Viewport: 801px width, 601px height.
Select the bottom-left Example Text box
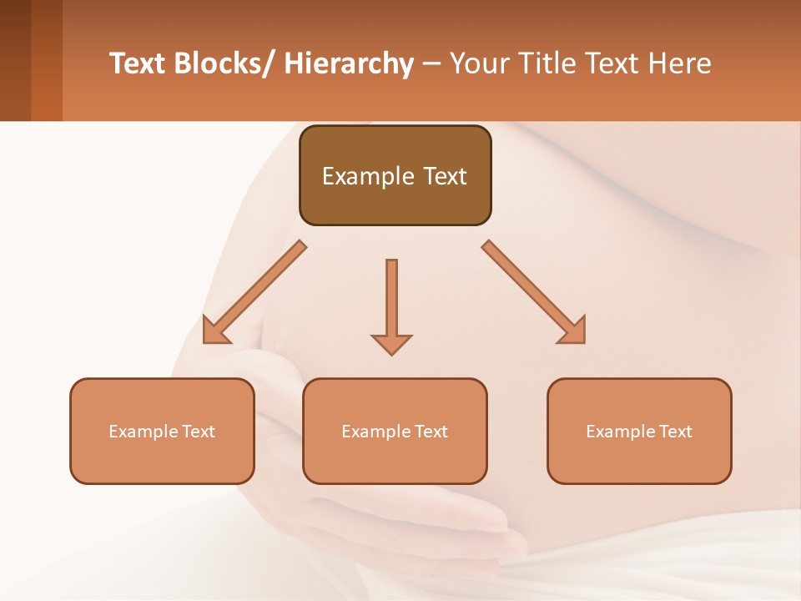click(x=162, y=432)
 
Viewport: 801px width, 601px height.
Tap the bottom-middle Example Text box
click(x=395, y=432)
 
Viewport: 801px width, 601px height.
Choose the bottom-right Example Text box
click(x=639, y=432)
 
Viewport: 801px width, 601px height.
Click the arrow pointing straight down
click(x=391, y=300)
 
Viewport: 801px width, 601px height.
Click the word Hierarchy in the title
click(x=348, y=63)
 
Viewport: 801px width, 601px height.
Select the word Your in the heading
click(x=479, y=63)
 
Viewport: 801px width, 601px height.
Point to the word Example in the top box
click(x=368, y=176)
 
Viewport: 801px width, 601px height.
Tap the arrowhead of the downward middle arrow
click(x=391, y=343)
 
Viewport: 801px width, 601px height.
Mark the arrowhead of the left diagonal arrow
click(x=214, y=333)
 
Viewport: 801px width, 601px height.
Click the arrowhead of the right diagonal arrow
click(x=574, y=332)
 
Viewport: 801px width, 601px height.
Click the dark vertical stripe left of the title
click(x=15, y=60)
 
